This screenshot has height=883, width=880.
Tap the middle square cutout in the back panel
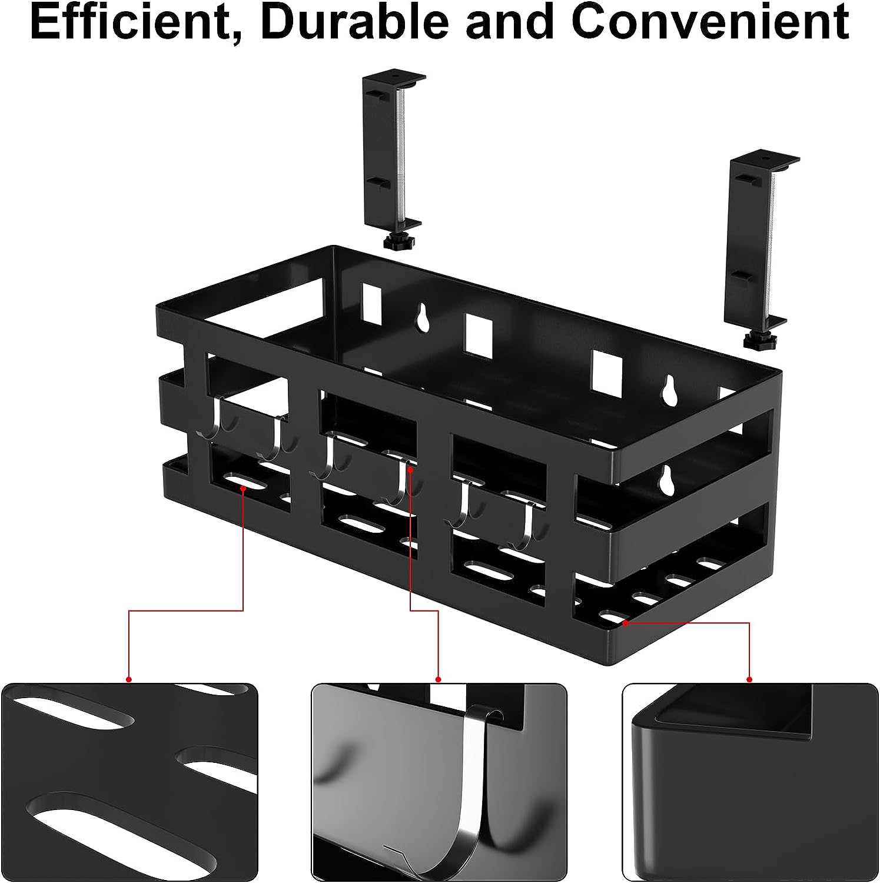(479, 337)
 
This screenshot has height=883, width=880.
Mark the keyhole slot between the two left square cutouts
(423, 318)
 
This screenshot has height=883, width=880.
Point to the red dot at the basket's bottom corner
(626, 621)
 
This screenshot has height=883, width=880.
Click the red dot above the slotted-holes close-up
(129, 679)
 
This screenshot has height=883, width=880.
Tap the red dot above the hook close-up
(438, 679)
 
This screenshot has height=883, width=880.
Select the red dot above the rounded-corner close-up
(750, 679)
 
